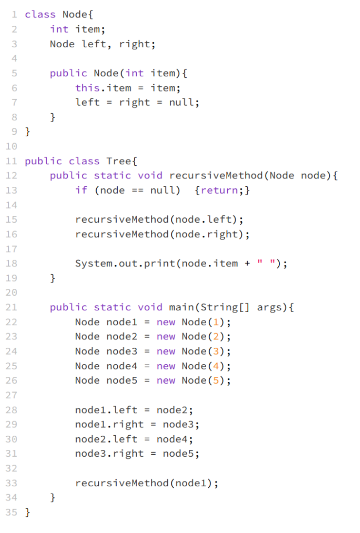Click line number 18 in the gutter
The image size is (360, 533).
pyautogui.click(x=11, y=264)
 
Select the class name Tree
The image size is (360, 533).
pyautogui.click(x=116, y=161)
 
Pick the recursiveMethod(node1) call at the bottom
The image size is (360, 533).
pyautogui.click(x=146, y=483)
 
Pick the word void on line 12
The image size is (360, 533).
pyautogui.click(x=150, y=176)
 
